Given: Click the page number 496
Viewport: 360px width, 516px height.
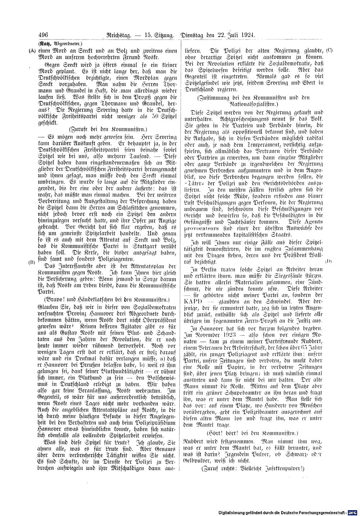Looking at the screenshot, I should (x=43, y=35).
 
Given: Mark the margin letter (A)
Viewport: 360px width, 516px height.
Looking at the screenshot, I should (x=32, y=51).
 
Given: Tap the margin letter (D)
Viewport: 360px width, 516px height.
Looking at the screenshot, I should (x=328, y=261).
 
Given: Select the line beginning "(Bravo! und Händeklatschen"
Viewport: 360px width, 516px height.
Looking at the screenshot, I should (x=108, y=299).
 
